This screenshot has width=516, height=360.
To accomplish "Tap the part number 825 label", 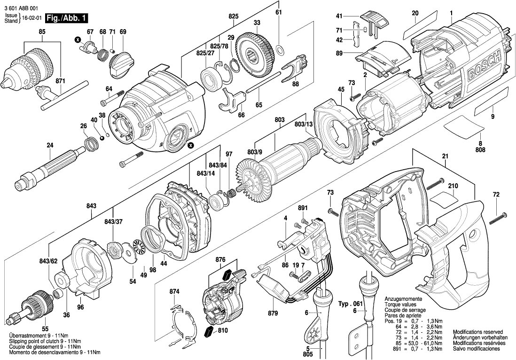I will pos(234,16).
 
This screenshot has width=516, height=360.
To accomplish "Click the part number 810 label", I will pos(223,330).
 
